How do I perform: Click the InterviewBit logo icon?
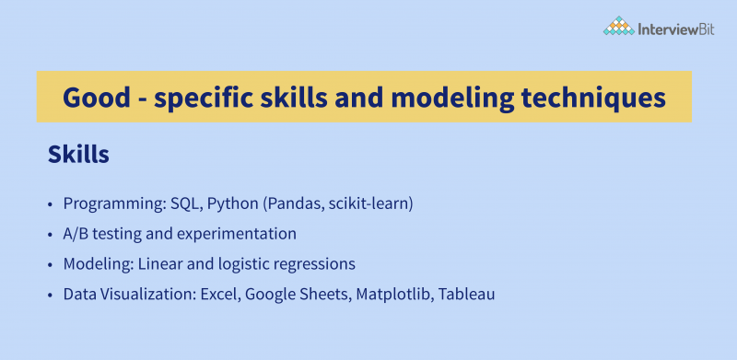click(618, 28)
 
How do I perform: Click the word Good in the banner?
click(94, 97)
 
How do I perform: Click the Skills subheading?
click(78, 156)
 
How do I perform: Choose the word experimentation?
click(243, 234)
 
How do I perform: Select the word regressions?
click(319, 264)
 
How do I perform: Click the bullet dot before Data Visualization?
click(51, 296)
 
